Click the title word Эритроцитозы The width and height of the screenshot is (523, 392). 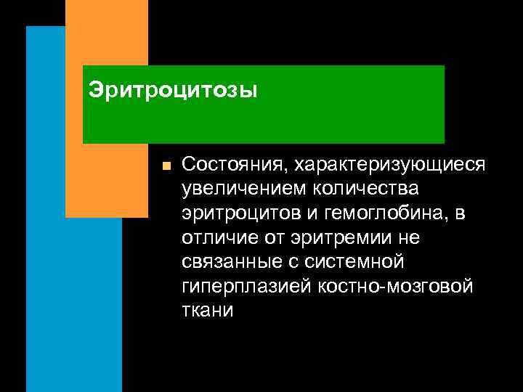pyautogui.click(x=172, y=91)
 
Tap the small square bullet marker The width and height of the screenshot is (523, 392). pyautogui.click(x=166, y=166)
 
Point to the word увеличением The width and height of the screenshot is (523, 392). pyautogui.click(x=245, y=189)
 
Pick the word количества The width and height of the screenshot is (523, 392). pyautogui.click(x=367, y=189)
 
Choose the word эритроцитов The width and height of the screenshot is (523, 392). pyautogui.click(x=243, y=213)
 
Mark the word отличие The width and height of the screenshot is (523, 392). pyautogui.click(x=217, y=237)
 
